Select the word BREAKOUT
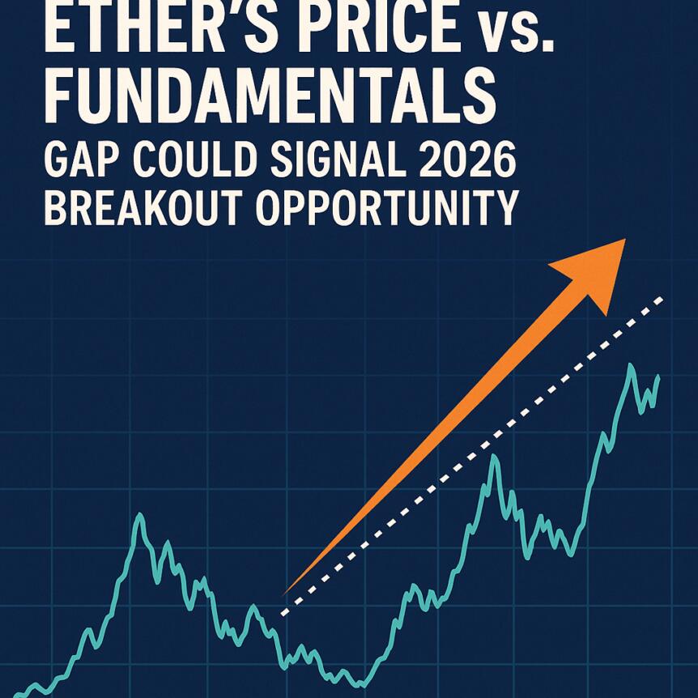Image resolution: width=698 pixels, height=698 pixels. [x=139, y=209]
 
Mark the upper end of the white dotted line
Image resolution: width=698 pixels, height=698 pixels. [x=662, y=299]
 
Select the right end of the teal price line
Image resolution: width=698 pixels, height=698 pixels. [x=658, y=377]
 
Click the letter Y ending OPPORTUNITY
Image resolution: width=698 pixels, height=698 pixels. [x=504, y=209]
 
